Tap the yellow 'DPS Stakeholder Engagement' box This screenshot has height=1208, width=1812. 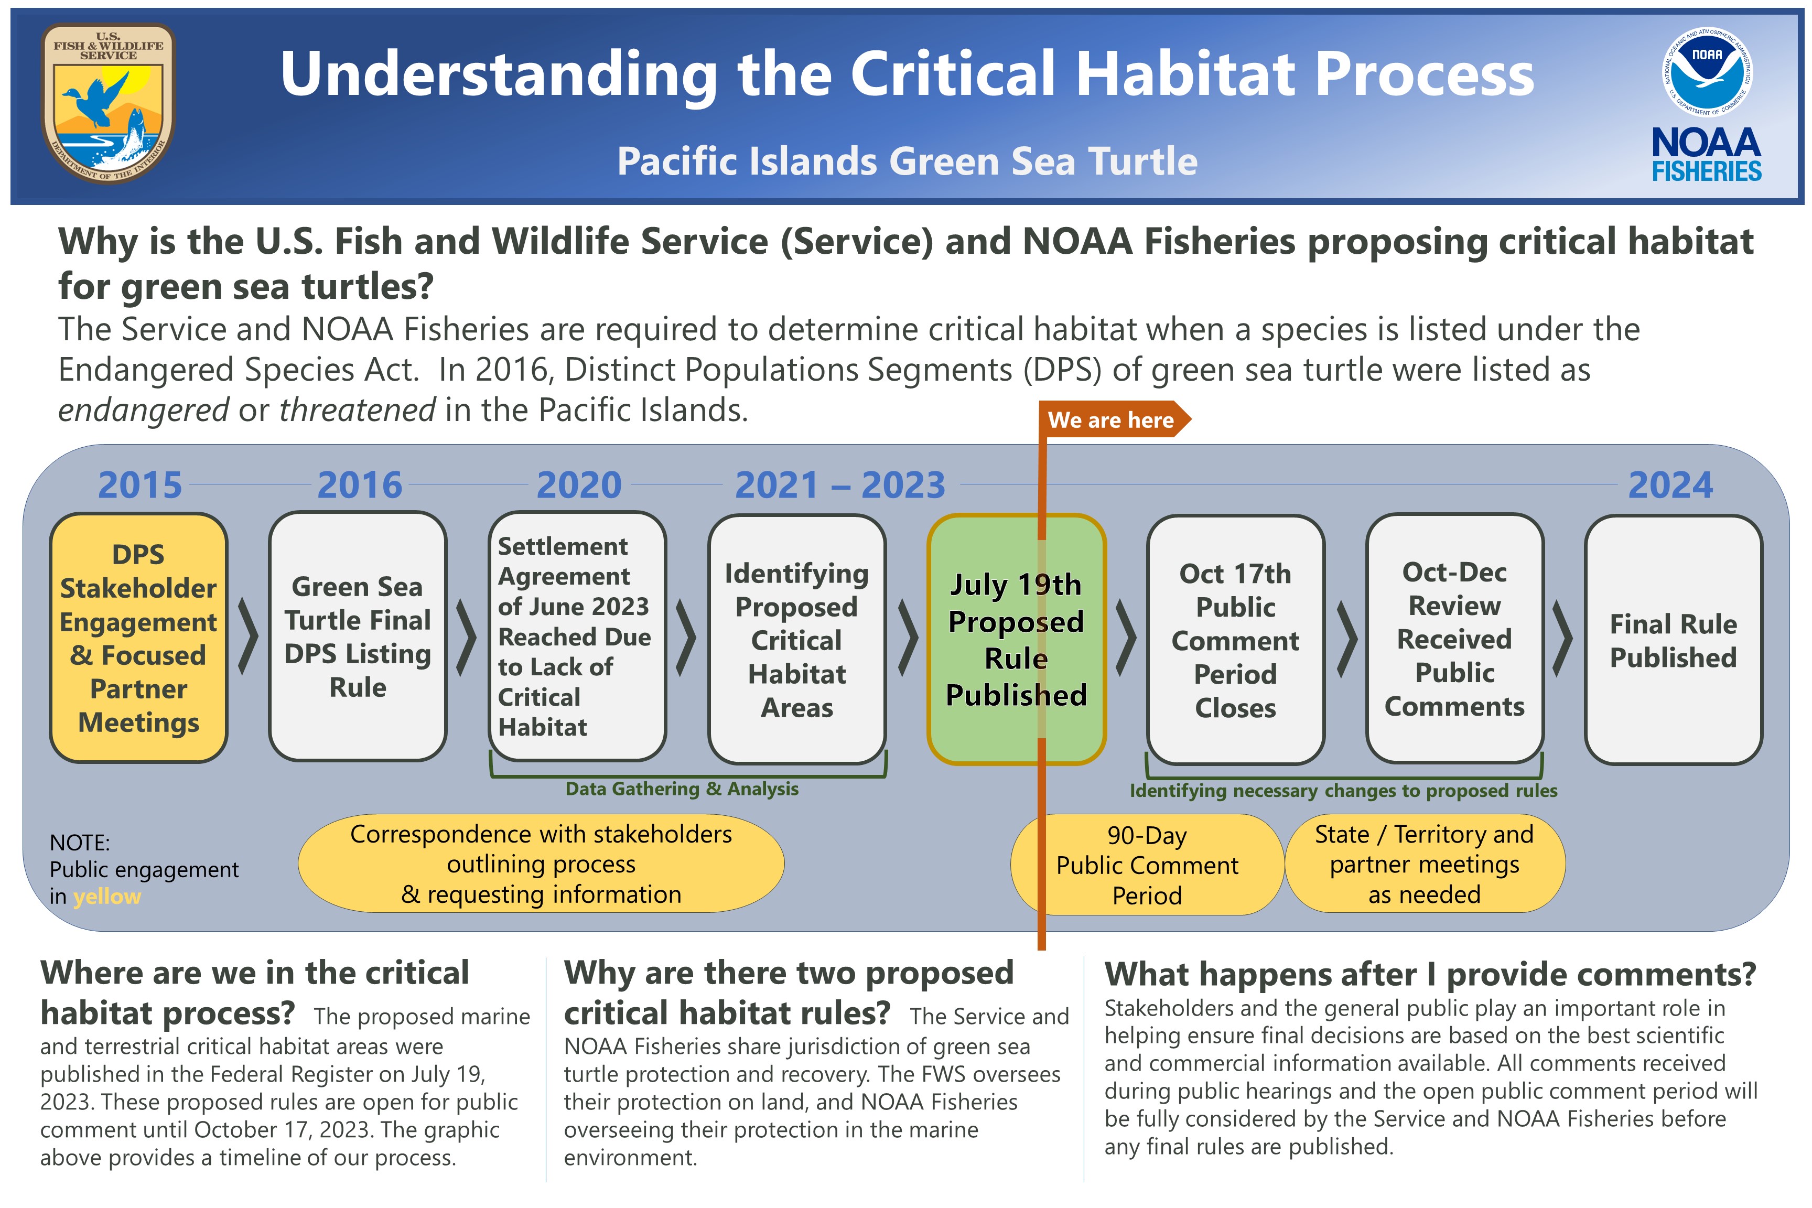[138, 638]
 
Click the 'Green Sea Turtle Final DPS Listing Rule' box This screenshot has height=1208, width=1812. [358, 637]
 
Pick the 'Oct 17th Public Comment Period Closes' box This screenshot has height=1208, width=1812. [1235, 640]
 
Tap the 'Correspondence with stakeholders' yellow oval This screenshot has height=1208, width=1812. [541, 864]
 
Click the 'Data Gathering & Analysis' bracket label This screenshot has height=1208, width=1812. [682, 789]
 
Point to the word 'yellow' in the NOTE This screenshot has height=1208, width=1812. [107, 897]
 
